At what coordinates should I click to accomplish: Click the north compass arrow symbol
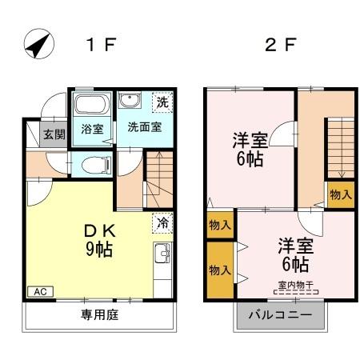[38, 43]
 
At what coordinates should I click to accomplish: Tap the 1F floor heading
[103, 44]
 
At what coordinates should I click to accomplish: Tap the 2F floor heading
[281, 44]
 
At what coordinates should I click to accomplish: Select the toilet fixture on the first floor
[94, 165]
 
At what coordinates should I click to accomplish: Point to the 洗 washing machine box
[162, 102]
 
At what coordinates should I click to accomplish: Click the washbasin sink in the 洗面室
[129, 101]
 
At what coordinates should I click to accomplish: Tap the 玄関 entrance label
[54, 134]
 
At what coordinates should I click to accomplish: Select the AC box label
[38, 292]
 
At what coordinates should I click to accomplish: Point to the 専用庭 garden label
[99, 315]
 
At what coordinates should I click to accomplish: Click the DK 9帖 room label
[99, 239]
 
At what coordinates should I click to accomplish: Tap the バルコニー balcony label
[280, 315]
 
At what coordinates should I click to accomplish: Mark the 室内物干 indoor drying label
[296, 285]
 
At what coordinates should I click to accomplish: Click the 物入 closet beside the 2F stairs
[340, 194]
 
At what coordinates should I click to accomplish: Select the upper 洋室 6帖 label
[248, 147]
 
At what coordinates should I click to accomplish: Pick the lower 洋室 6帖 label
[294, 254]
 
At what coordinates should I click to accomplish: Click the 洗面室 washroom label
[143, 127]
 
